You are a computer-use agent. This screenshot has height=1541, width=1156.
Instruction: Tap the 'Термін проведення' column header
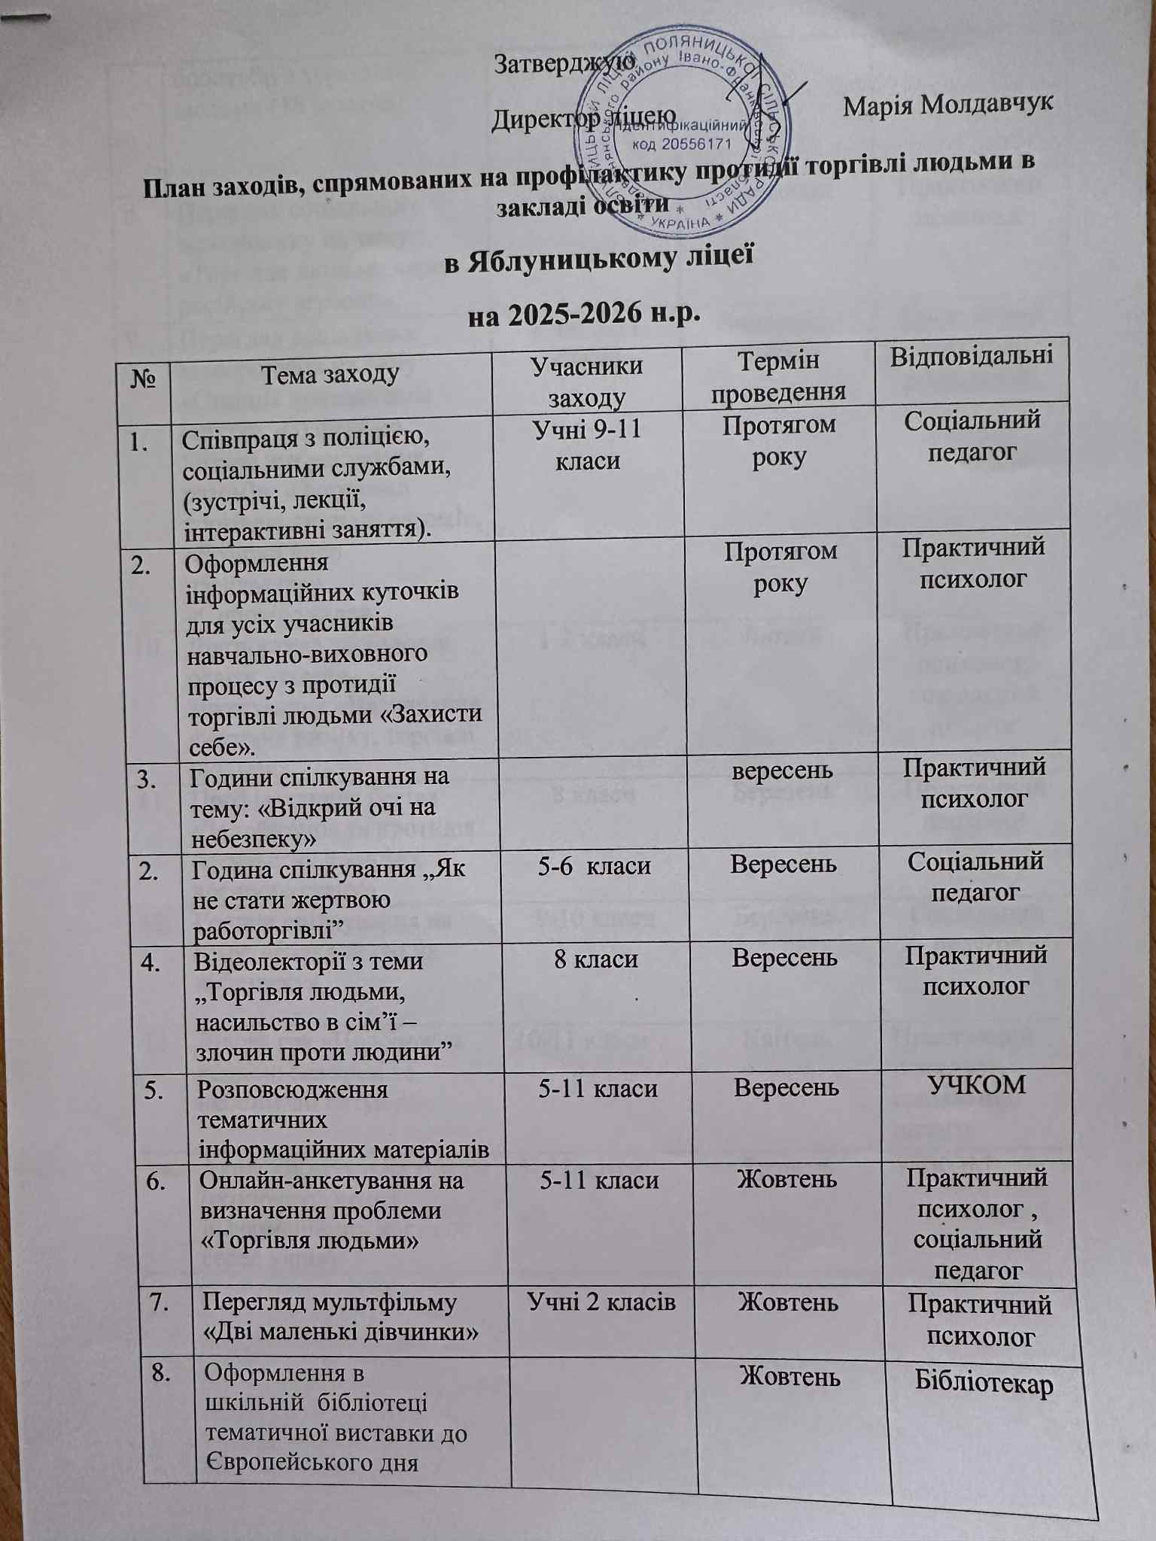(778, 376)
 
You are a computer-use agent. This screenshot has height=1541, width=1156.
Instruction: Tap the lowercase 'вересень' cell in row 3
(783, 771)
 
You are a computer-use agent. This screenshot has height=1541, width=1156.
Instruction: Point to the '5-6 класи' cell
(594, 865)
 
